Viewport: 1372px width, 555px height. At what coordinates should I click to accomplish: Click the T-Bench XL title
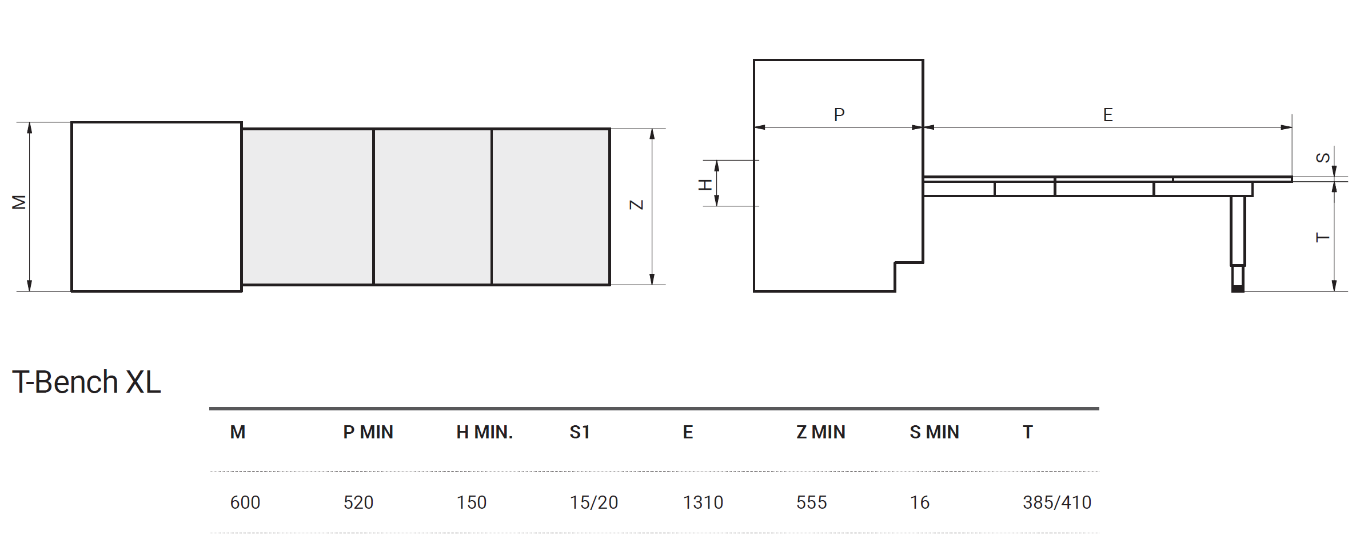coord(87,382)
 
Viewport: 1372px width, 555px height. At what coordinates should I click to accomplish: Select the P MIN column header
coord(368,432)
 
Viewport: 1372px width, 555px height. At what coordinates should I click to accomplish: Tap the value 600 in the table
coord(245,502)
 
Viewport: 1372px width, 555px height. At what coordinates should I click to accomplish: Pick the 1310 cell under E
coord(703,502)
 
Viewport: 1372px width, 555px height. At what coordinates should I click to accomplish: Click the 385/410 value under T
coord(1057,502)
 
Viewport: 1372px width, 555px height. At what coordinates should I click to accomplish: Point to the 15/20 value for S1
coord(594,502)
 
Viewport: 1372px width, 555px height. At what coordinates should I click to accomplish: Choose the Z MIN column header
coord(821,432)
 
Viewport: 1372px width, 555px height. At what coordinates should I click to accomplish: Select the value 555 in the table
coord(812,502)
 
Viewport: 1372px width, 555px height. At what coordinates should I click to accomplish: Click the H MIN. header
coord(485,432)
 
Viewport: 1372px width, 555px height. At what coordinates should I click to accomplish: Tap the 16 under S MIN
coord(920,502)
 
